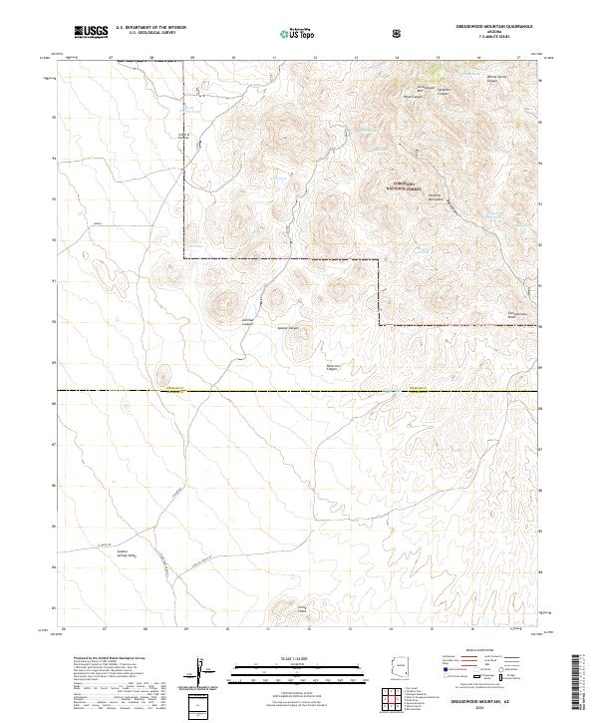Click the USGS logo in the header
click(91, 32)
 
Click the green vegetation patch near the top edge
click(435, 71)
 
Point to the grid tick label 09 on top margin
click(190, 59)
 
